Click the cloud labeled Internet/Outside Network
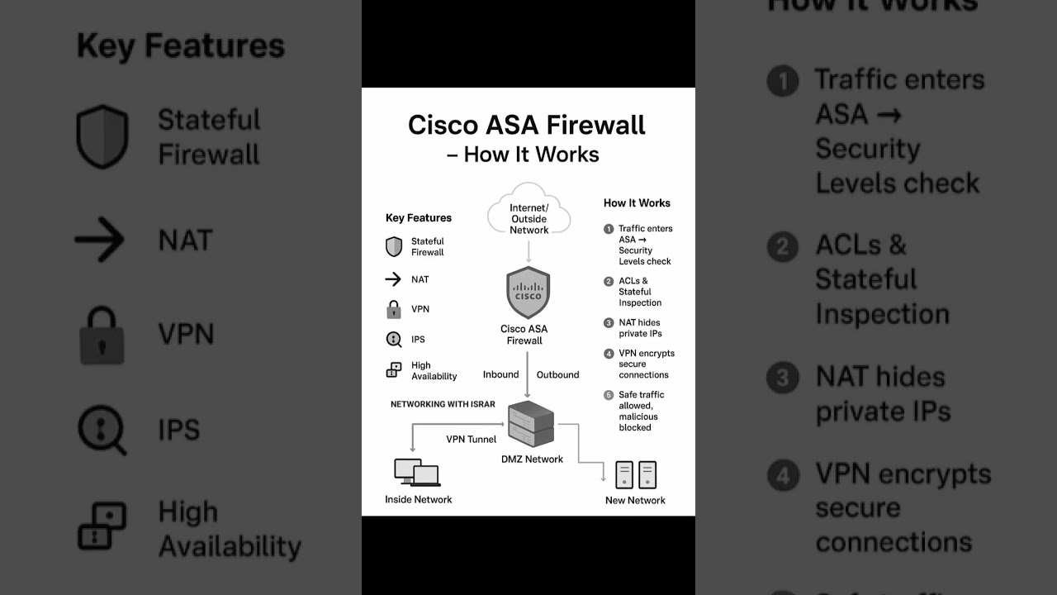tap(528, 212)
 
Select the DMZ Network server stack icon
tap(531, 424)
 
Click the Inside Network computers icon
tap(417, 473)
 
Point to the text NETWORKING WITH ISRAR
tap(443, 404)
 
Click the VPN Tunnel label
tap(471, 440)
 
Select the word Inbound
tap(500, 374)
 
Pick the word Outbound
tap(557, 374)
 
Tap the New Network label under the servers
tap(635, 500)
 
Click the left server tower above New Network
tap(624, 474)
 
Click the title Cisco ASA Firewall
tap(527, 125)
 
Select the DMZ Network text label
tap(532, 459)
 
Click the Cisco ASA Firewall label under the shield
tap(524, 335)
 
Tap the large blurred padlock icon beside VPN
tap(102, 336)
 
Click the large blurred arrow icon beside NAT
tap(100, 240)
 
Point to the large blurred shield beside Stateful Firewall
tap(102, 136)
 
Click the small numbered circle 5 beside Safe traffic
tap(609, 395)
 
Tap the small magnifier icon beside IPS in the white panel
tap(394, 339)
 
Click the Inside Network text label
tap(418, 499)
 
